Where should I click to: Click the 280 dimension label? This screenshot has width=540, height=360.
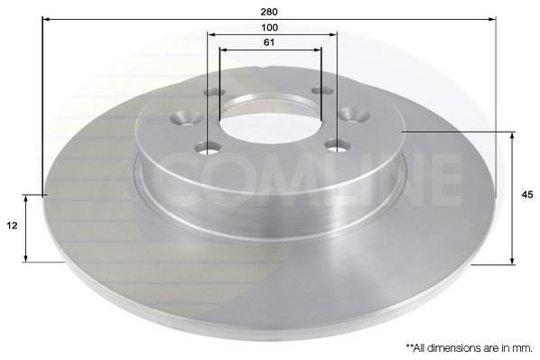[x=269, y=12]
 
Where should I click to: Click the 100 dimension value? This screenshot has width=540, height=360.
[x=270, y=28]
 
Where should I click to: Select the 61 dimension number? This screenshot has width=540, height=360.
[x=269, y=42]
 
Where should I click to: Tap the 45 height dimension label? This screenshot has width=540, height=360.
[x=527, y=195]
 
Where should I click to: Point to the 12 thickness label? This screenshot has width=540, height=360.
[x=12, y=226]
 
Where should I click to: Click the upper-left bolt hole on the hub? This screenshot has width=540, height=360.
[x=214, y=92]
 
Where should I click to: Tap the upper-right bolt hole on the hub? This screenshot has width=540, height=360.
[x=322, y=90]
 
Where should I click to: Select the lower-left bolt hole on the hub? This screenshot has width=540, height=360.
[x=208, y=149]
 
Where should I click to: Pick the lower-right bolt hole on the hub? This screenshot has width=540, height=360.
[x=338, y=145]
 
